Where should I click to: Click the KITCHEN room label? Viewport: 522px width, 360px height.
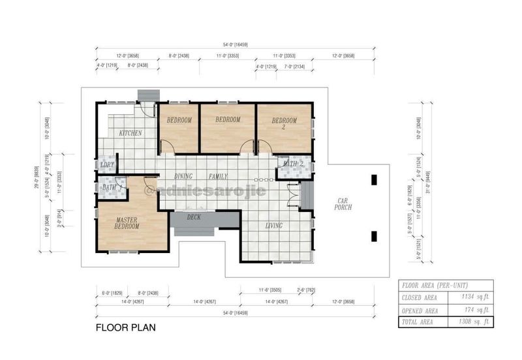point(130,133)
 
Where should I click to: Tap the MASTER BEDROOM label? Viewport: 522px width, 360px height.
point(127,224)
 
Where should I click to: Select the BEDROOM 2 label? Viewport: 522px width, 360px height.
point(284,123)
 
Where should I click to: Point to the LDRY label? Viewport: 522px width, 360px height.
point(108,165)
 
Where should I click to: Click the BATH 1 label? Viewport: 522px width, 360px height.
point(110,187)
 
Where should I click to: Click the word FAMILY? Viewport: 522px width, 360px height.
point(218,177)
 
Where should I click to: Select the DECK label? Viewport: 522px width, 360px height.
point(194,217)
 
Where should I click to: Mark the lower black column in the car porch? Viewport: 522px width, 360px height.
point(373,236)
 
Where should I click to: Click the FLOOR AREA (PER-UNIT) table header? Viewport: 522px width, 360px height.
point(433,284)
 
